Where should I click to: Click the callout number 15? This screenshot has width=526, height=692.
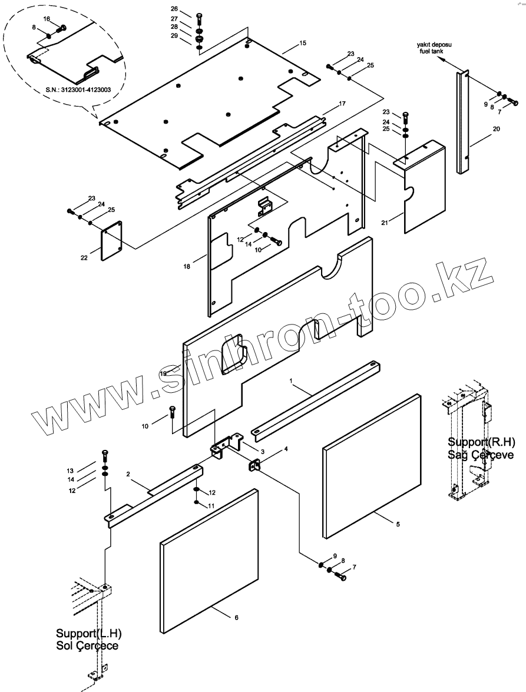coord(303,44)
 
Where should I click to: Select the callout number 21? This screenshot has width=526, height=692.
coord(385,222)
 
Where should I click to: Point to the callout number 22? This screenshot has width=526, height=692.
coord(84,257)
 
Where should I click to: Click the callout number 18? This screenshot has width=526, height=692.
coord(187,266)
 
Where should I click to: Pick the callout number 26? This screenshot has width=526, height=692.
coord(174,9)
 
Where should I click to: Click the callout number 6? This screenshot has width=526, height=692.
coord(236,618)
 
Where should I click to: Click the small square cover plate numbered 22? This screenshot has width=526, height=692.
coord(111,240)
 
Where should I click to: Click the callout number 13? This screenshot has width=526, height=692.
coord(70,471)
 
